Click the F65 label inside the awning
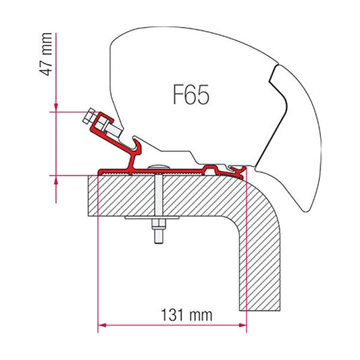pos(191,95)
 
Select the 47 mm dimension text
pos(46,55)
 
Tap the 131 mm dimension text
pos(186,315)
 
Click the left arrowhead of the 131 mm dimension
pos(102,325)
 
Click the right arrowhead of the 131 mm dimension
pos(242,325)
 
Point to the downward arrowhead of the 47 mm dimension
pos(56,107)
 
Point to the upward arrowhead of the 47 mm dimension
pos(56,180)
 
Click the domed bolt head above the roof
pos(158,167)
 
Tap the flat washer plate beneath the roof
pos(152,217)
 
